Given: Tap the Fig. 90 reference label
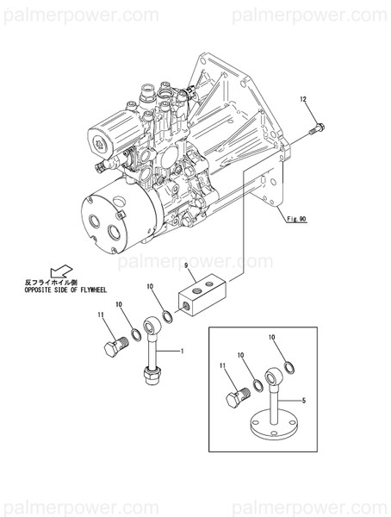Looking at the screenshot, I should tap(295, 220).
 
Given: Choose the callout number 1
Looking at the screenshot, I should tap(182, 352).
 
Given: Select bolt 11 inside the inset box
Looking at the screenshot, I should tap(235, 399).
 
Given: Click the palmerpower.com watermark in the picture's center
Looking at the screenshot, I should tap(195, 261).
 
